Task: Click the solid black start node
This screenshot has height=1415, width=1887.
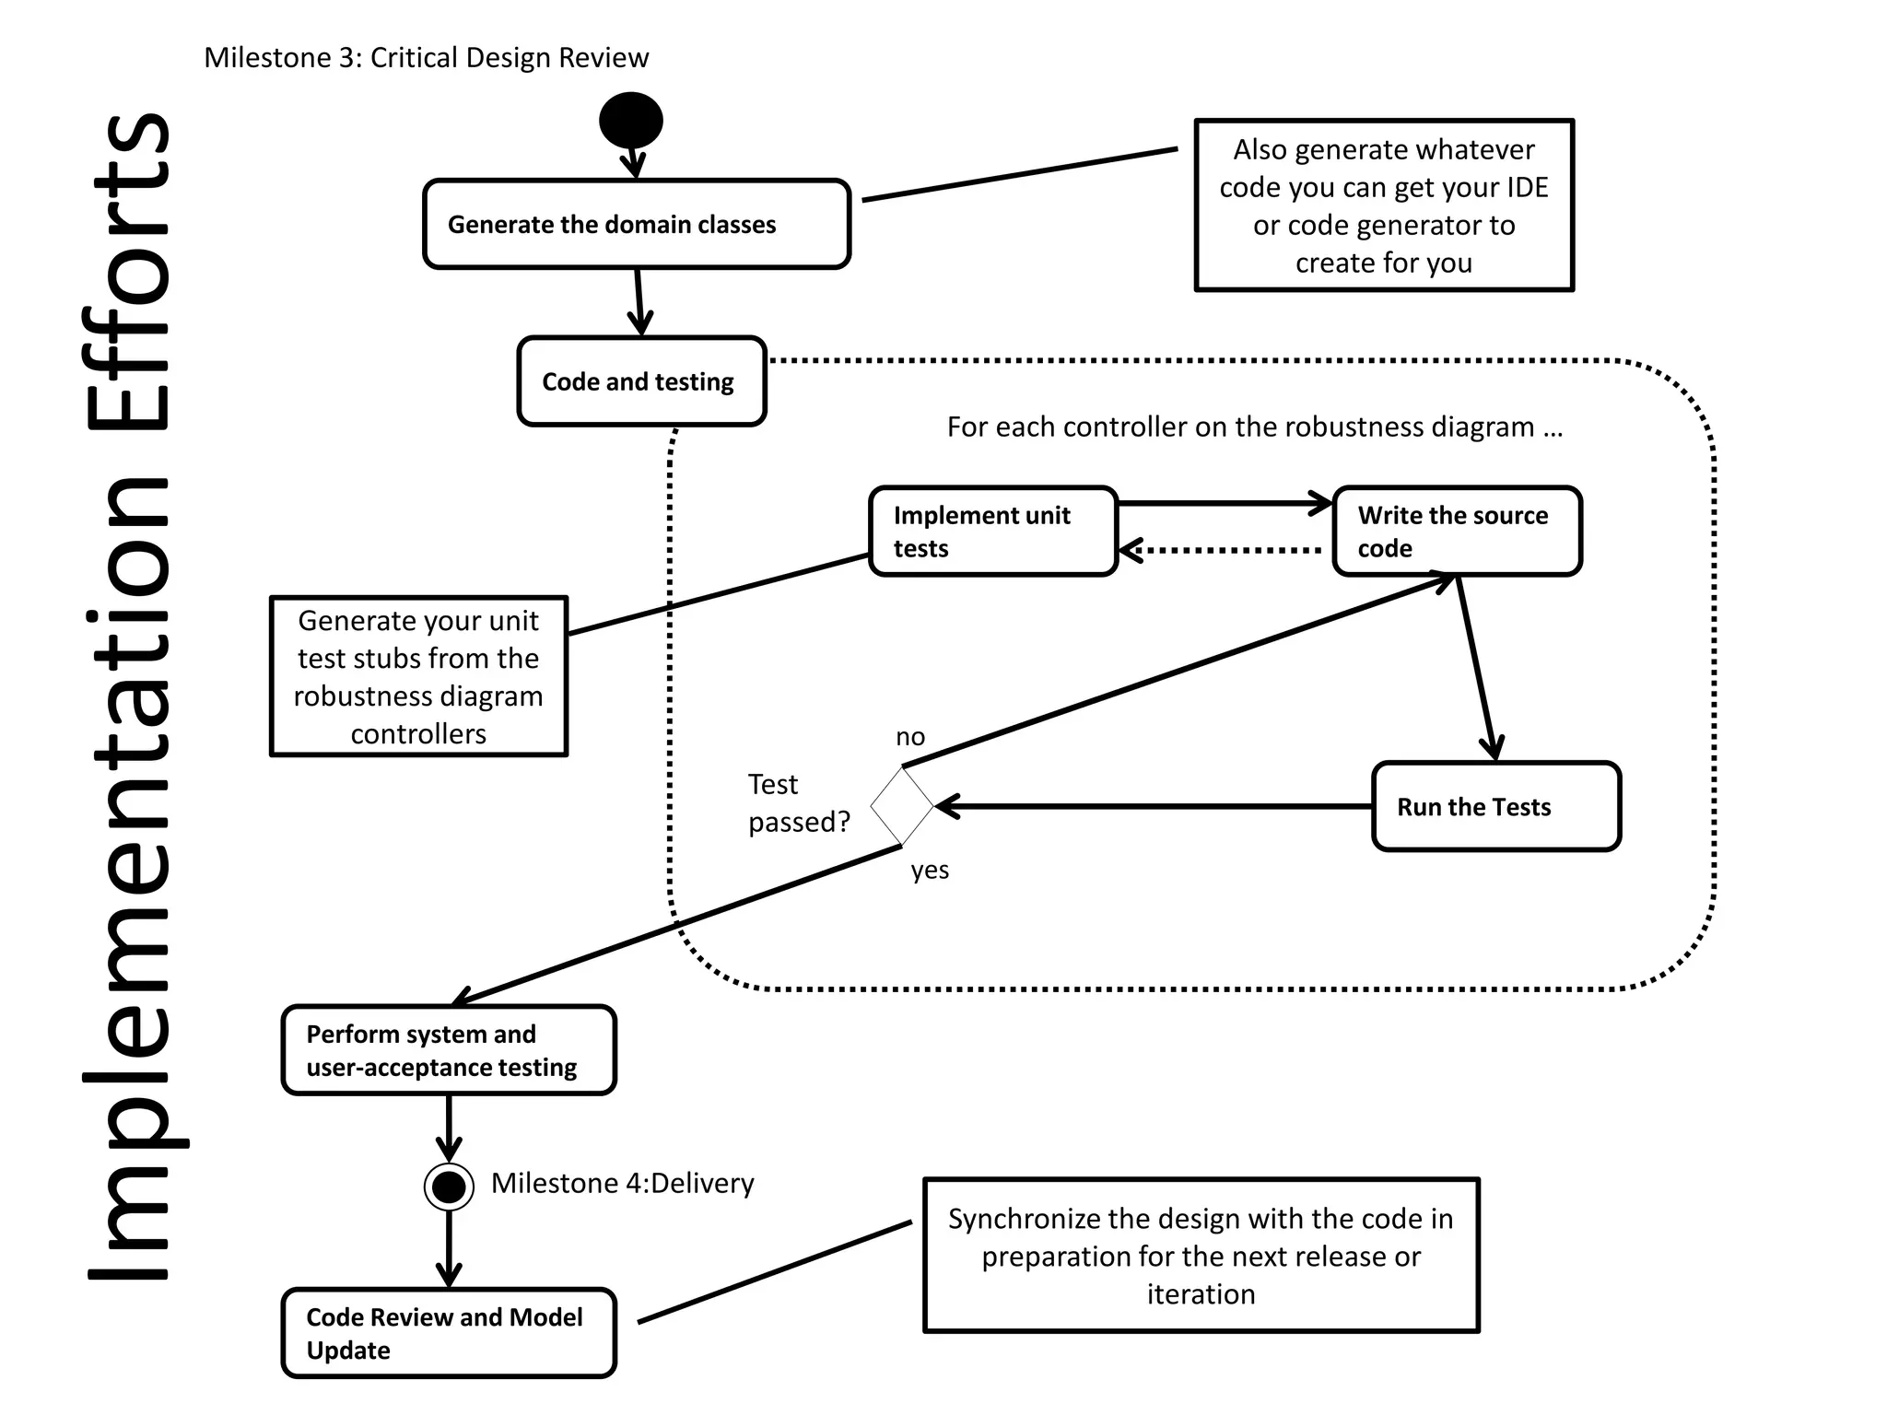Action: pos(631,121)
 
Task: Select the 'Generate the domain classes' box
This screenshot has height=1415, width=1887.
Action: pos(637,224)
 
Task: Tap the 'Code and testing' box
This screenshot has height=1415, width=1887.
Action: pos(641,381)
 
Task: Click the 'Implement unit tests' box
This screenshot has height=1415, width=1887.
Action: pos(993,532)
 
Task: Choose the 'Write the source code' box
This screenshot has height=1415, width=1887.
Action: pos(1457,532)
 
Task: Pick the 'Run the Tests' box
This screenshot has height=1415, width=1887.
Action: pos(1495,806)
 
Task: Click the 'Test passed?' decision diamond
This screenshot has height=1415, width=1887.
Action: pos(902,806)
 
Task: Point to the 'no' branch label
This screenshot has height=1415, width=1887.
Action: pos(910,737)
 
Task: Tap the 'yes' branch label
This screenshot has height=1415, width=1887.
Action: pos(930,870)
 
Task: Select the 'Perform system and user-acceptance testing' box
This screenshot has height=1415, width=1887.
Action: pos(449,1050)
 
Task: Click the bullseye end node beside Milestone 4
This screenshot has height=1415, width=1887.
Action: pos(449,1187)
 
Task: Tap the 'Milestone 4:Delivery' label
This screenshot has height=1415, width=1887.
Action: pos(622,1183)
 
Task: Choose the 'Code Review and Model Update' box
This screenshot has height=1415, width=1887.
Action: pos(449,1333)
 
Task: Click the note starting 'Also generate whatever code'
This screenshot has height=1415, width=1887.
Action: pos(1384,205)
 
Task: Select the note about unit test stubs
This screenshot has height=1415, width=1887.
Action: pos(418,676)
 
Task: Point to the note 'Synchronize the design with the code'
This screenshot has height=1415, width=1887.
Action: pos(1201,1256)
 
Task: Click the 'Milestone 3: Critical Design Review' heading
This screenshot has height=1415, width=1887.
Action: pos(426,57)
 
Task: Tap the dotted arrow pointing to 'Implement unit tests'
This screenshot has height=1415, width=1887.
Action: pos(1221,551)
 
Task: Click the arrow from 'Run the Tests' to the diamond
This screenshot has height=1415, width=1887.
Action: pos(1152,806)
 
